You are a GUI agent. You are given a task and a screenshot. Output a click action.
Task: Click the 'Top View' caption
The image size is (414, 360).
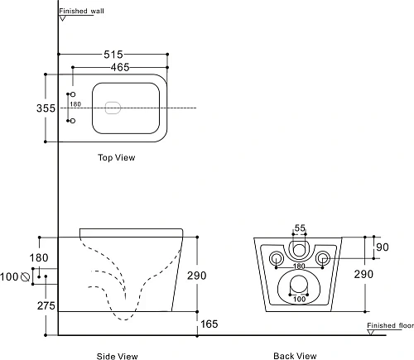[116, 157]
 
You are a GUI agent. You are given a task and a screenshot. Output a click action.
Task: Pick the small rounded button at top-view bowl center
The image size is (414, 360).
[113, 105]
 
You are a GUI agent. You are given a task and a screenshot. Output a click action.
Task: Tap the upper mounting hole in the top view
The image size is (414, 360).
[70, 96]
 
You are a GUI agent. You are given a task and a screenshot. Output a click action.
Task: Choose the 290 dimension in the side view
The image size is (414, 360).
[209, 275]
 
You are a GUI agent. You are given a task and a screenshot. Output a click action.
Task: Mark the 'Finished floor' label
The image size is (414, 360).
[389, 325]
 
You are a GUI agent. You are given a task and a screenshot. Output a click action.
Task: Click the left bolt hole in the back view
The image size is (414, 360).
[276, 258]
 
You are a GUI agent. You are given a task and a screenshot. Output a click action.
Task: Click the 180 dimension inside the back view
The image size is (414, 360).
[299, 266]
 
